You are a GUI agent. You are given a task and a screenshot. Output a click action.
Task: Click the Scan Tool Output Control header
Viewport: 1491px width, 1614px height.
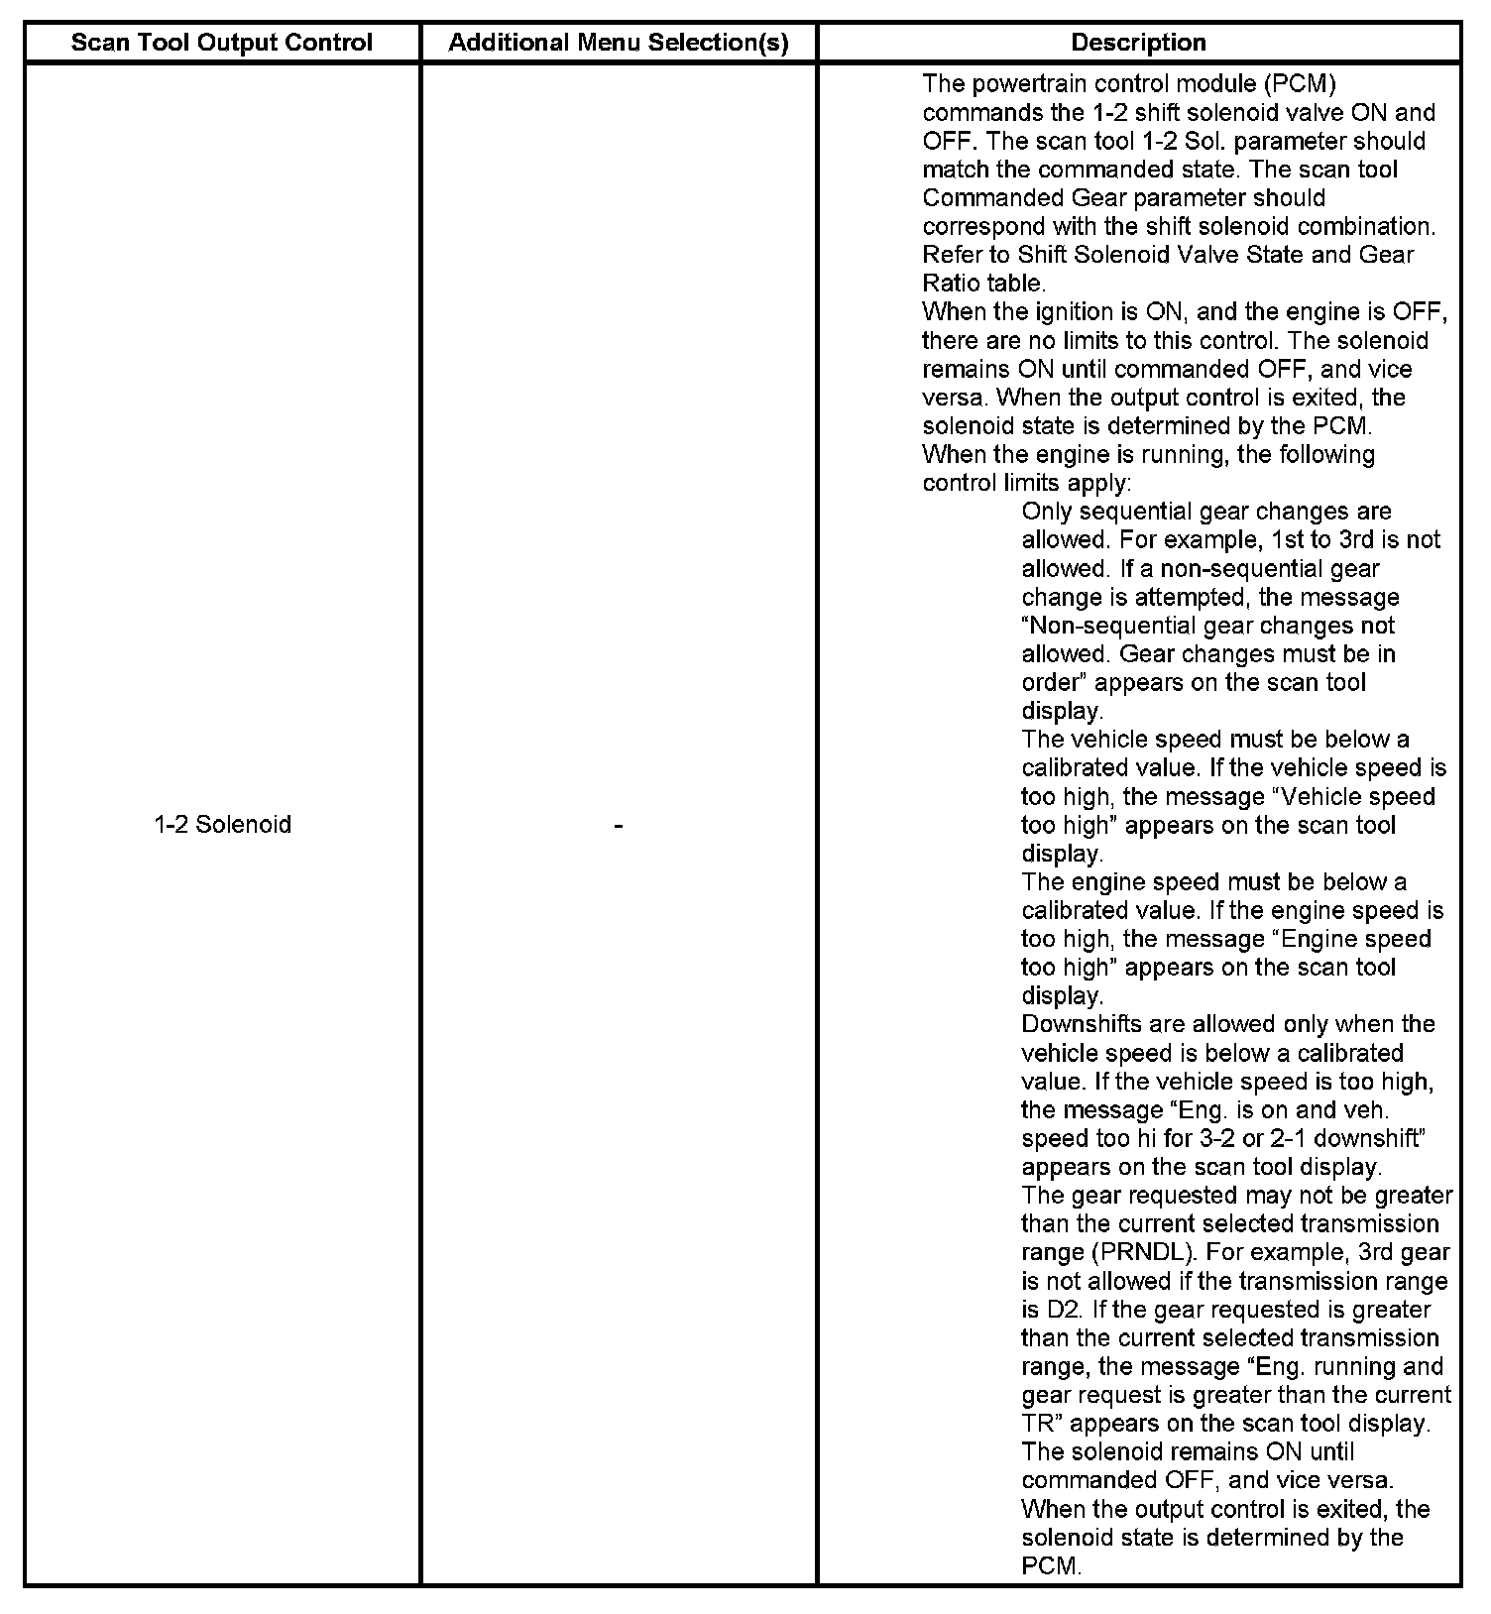point(222,43)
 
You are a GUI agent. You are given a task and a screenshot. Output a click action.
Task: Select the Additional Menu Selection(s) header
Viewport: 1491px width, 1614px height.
point(619,43)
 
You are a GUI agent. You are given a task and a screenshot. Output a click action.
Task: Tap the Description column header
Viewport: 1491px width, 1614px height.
point(1139,43)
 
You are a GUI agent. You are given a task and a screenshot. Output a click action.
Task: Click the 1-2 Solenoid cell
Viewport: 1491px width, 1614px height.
point(222,825)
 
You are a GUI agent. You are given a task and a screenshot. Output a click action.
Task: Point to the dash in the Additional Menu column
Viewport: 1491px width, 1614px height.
point(619,825)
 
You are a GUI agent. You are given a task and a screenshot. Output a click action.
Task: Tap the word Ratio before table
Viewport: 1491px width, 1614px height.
point(951,284)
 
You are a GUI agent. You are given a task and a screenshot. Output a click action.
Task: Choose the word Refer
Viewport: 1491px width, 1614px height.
point(951,255)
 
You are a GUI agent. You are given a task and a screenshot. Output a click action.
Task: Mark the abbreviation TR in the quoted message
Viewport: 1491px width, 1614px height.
point(1039,1424)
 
